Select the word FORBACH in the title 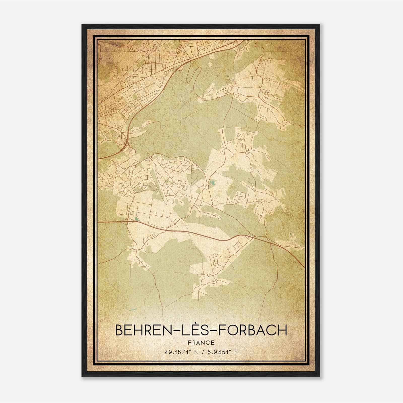click(x=253, y=330)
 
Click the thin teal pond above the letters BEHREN click(x=131, y=310)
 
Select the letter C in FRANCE click(x=208, y=343)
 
